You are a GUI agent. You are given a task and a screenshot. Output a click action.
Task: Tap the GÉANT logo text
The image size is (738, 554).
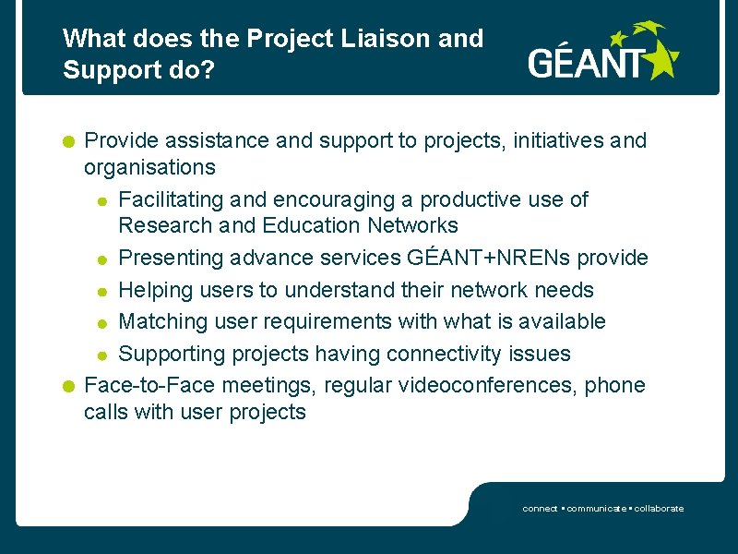[x=586, y=64]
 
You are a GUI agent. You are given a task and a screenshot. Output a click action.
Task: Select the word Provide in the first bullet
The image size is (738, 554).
[x=121, y=140]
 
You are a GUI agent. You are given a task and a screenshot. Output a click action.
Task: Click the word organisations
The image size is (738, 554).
[x=149, y=167]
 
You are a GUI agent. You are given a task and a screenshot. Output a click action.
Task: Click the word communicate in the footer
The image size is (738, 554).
[x=597, y=509]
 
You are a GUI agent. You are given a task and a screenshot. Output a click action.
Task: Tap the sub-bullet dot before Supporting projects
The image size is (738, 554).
[x=105, y=355]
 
